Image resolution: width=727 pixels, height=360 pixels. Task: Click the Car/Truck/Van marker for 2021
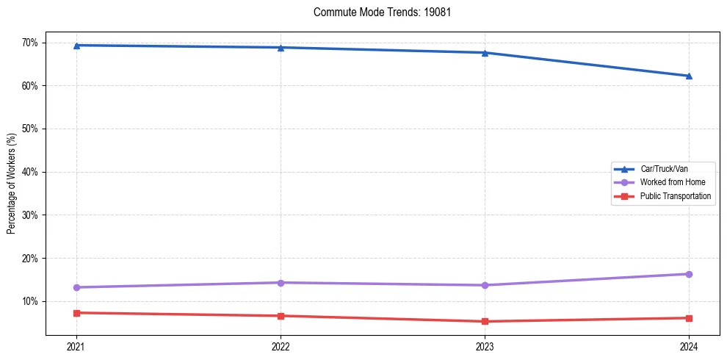coord(76,46)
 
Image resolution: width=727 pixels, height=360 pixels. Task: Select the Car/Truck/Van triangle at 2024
coord(689,76)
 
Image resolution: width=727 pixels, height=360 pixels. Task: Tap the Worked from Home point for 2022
coord(281,283)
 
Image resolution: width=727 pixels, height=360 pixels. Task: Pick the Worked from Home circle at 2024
coord(689,274)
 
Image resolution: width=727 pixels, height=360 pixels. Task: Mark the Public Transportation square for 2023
coord(485,321)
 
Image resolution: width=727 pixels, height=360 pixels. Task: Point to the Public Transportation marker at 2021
coord(76,313)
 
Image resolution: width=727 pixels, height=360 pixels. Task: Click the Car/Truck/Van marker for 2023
coord(485,53)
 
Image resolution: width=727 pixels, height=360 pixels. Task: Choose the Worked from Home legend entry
coord(672,182)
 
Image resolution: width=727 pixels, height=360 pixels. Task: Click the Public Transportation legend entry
coord(675,196)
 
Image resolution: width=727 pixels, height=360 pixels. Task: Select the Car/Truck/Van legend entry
coord(664,169)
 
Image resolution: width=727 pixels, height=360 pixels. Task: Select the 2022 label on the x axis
coord(281,345)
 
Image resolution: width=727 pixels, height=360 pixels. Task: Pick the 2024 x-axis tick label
coord(689,345)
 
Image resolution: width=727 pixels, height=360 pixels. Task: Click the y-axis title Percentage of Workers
coord(11,184)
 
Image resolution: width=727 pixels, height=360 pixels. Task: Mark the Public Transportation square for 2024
coord(689,318)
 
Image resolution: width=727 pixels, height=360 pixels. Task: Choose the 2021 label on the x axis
coord(76,345)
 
